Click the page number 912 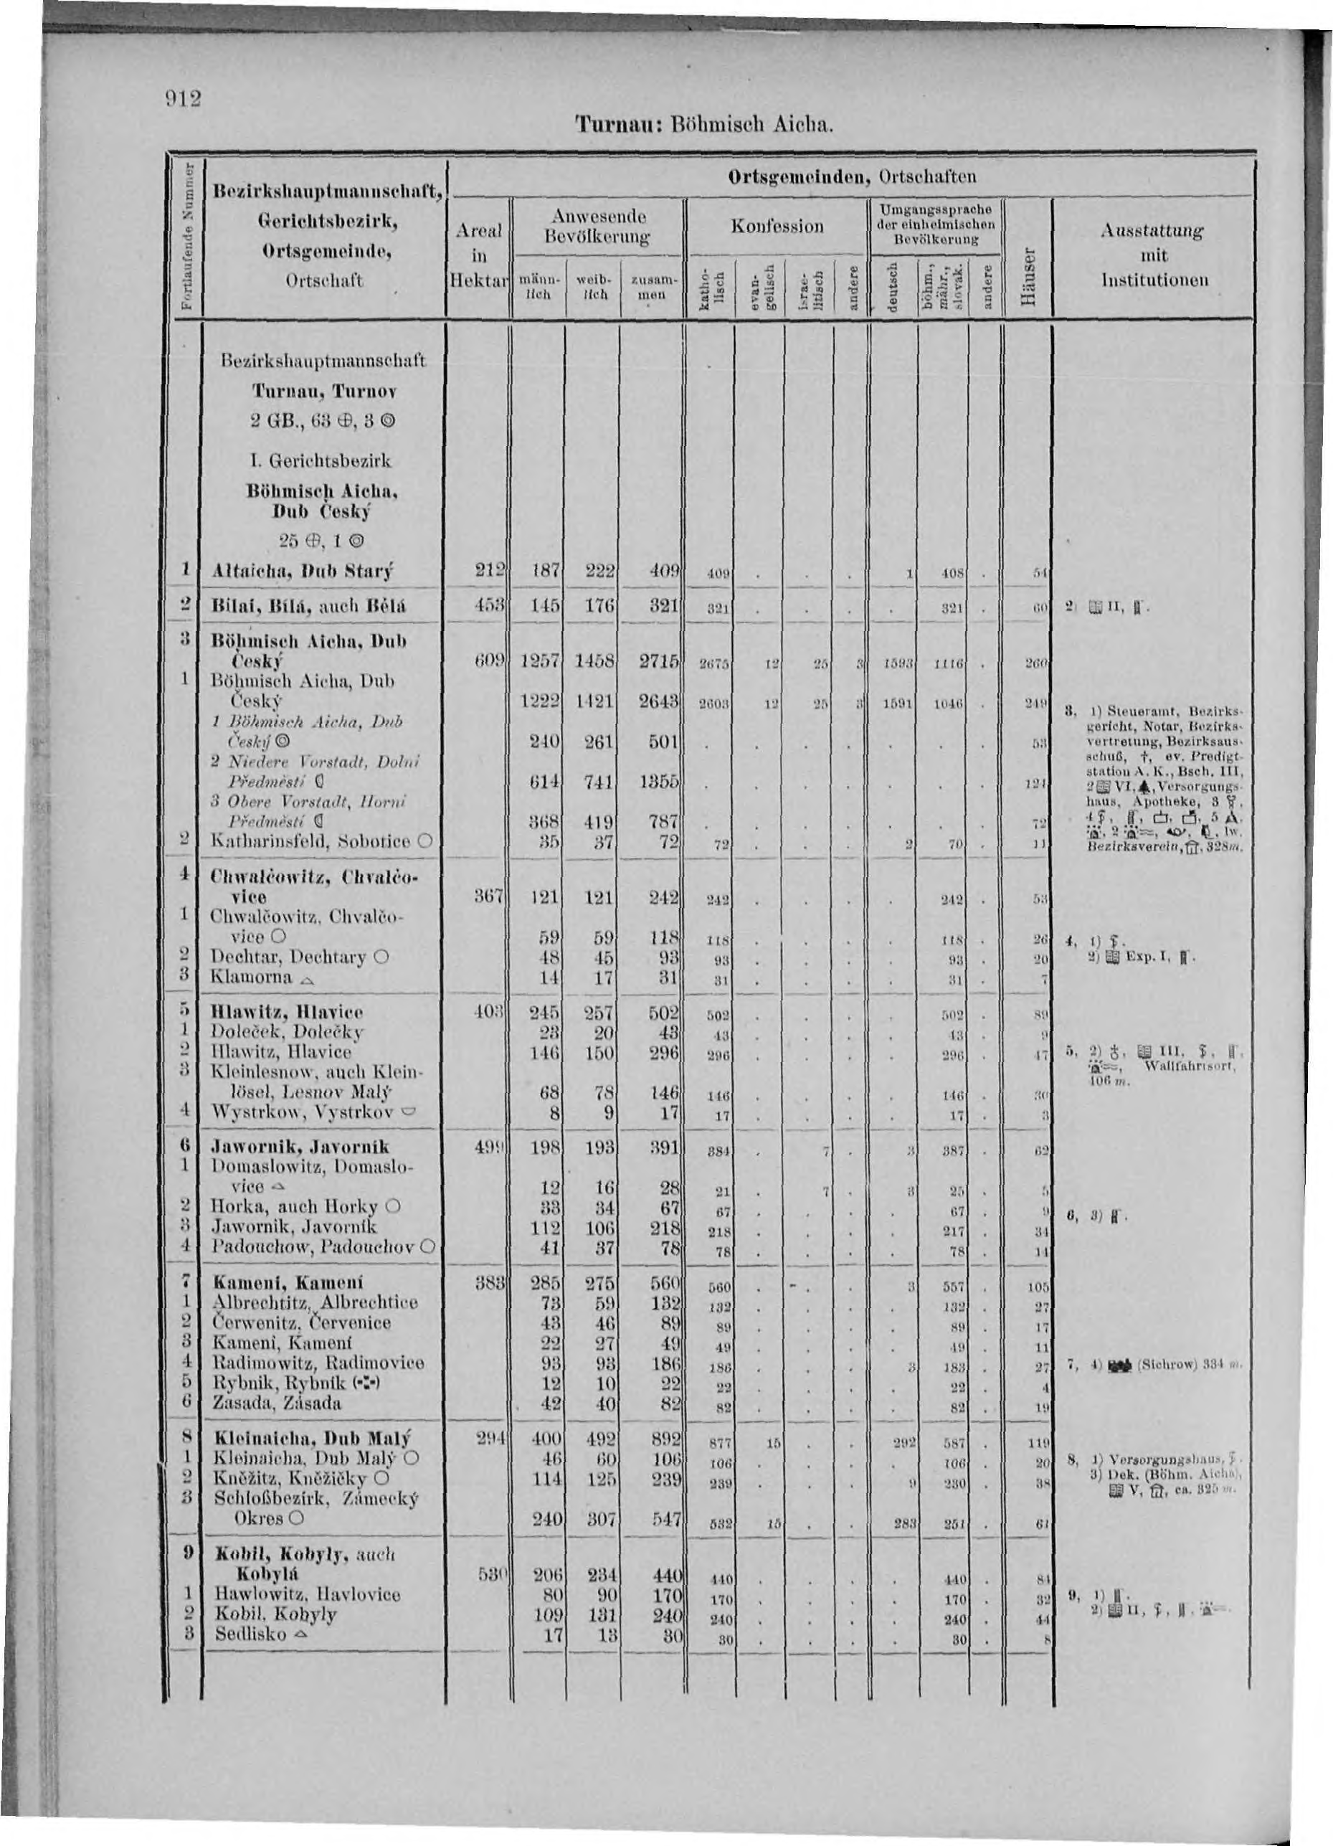[186, 99]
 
